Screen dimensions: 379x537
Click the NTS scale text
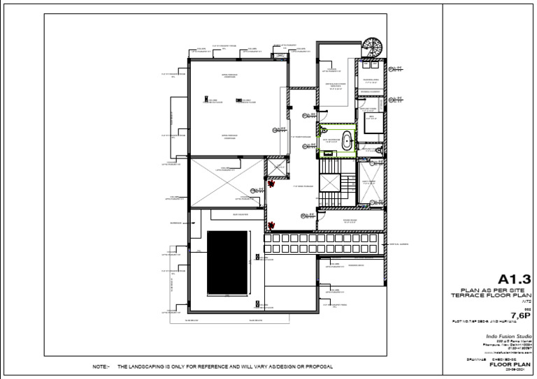pyautogui.click(x=524, y=302)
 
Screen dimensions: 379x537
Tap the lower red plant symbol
pyautogui.click(x=272, y=225)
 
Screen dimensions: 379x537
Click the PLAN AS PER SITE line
pyautogui.click(x=498, y=290)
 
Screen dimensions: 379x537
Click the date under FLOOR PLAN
pyautogui.click(x=515, y=370)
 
